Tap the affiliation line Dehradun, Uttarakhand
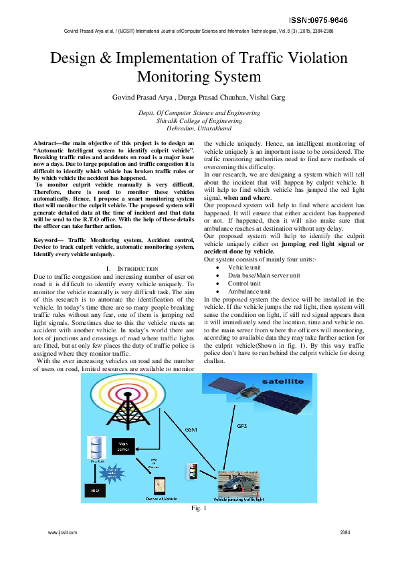tap(199, 128)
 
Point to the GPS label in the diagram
tap(243, 426)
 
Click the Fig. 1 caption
tap(199, 510)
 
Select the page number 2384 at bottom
tap(345, 532)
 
